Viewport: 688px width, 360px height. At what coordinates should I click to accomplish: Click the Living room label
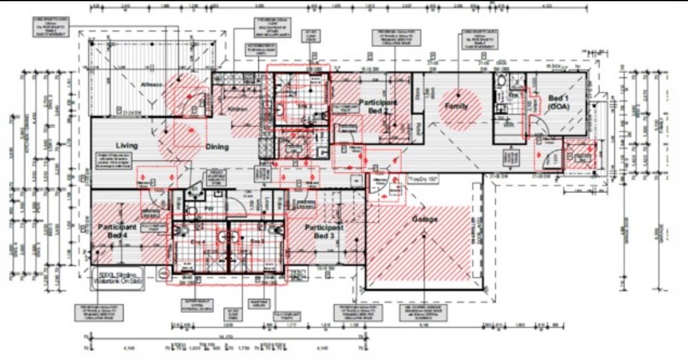[x=126, y=145]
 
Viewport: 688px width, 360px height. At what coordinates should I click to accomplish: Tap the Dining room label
[x=217, y=147]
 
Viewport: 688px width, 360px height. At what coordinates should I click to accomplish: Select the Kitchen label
[x=237, y=109]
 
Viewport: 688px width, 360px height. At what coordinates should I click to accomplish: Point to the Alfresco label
[x=151, y=84]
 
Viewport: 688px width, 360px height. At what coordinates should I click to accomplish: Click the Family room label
[x=456, y=106]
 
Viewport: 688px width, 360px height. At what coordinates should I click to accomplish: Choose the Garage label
[x=425, y=220]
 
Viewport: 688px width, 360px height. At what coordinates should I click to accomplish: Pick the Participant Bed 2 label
[x=378, y=105]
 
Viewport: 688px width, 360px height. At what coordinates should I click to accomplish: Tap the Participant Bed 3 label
[x=324, y=232]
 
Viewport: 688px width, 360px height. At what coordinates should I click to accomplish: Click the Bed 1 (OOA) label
[x=562, y=102]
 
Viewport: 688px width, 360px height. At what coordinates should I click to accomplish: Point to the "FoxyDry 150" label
[x=422, y=178]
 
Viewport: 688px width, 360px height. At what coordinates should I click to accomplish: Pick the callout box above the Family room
[x=474, y=40]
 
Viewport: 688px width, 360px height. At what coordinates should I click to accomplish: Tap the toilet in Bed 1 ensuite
[x=502, y=82]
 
